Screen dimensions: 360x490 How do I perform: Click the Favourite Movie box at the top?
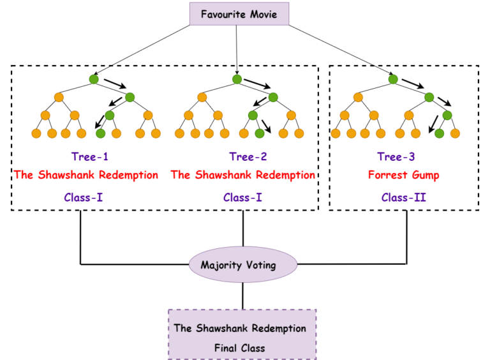pos(239,13)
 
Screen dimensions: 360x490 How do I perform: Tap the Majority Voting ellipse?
pos(243,265)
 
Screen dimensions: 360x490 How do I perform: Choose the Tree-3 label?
pos(397,157)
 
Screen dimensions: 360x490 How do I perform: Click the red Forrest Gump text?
pos(403,175)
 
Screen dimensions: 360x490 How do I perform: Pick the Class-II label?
pos(404,197)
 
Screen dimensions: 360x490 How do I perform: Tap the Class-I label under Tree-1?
pos(84,197)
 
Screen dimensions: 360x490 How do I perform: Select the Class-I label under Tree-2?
pos(242,197)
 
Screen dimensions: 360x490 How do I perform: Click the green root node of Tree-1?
pos(94,79)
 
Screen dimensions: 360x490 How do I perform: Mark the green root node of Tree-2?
pos(237,79)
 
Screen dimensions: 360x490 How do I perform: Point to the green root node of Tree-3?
pos(393,79)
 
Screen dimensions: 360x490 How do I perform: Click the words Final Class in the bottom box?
pos(240,349)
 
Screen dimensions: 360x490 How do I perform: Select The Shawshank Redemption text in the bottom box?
pos(240,329)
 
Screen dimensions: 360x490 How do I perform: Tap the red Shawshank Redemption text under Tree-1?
pos(85,175)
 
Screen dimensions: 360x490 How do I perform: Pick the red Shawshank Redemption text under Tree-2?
pos(242,175)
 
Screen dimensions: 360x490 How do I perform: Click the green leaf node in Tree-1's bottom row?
pos(100,133)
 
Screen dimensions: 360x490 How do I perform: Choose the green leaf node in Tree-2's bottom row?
pos(259,133)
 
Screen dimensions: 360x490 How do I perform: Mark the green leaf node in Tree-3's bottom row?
pos(439,133)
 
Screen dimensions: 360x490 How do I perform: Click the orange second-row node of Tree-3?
pos(358,97)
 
